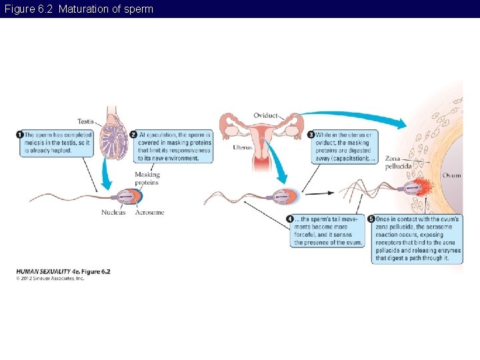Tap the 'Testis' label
point(85,121)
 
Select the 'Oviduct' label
point(265,115)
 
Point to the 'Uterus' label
point(243,147)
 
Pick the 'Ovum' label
point(451,175)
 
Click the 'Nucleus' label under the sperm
point(113,213)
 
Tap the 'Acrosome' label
point(149,213)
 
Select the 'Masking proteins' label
point(147,179)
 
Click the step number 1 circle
point(19,135)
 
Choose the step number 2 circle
point(133,135)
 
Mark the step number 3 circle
point(311,135)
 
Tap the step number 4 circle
point(290,219)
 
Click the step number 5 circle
point(371,219)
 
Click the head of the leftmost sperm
point(128,197)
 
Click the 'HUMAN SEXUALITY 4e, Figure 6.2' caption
point(63,271)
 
